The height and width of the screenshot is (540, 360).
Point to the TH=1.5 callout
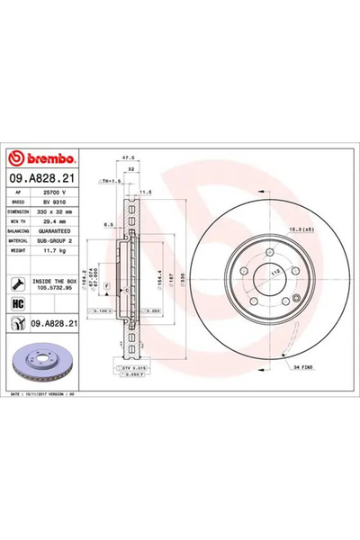click(x=112, y=181)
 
